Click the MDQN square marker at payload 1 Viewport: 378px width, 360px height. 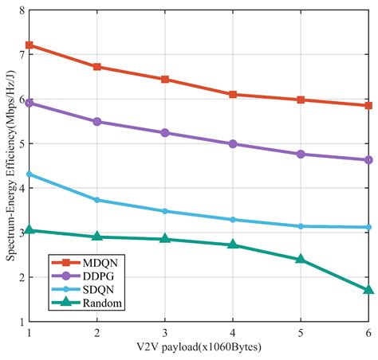coord(30,45)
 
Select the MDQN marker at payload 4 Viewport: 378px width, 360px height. coord(233,94)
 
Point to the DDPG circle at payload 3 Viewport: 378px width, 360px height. coord(165,132)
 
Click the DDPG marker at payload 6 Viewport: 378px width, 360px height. coord(368,159)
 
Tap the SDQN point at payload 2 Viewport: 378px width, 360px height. coord(97,200)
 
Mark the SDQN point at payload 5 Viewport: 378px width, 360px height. coord(301,226)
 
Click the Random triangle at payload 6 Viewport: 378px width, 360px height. coord(368,290)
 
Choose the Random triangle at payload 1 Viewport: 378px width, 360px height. coord(30,230)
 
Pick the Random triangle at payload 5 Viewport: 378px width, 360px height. coord(301,259)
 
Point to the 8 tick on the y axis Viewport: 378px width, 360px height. coord(20,10)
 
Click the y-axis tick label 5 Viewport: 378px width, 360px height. coord(20,144)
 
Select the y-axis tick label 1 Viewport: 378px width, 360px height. coord(20,323)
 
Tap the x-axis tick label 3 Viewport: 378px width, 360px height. coord(165,332)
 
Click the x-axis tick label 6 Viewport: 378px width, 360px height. coord(368,332)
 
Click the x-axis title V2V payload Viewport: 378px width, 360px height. coord(198,347)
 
